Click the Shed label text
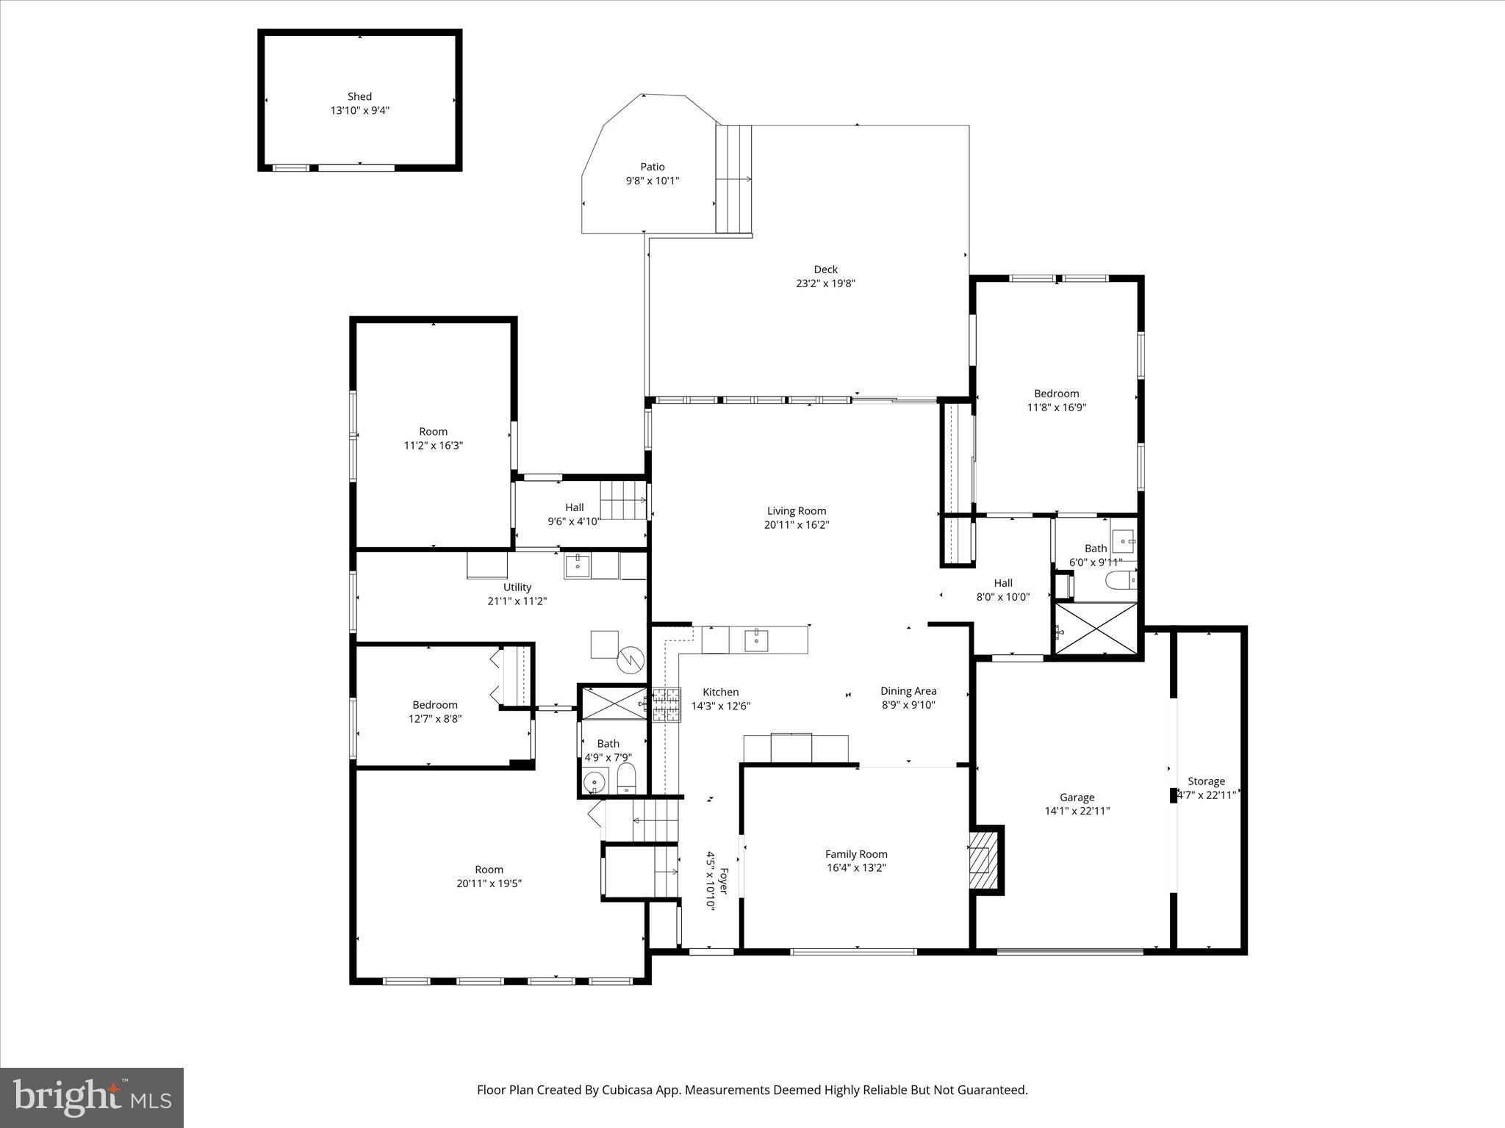[359, 96]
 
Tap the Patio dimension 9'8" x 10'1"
[652, 181]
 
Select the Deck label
[825, 270]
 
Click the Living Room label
[797, 511]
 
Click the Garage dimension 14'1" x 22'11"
[1077, 811]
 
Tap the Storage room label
[1206, 781]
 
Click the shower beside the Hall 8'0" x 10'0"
[1096, 629]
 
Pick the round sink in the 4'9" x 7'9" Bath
[594, 783]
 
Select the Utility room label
[517, 587]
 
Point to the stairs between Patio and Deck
[733, 178]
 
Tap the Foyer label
[723, 881]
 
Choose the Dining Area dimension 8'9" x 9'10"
[908, 705]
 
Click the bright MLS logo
[92, 1098]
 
